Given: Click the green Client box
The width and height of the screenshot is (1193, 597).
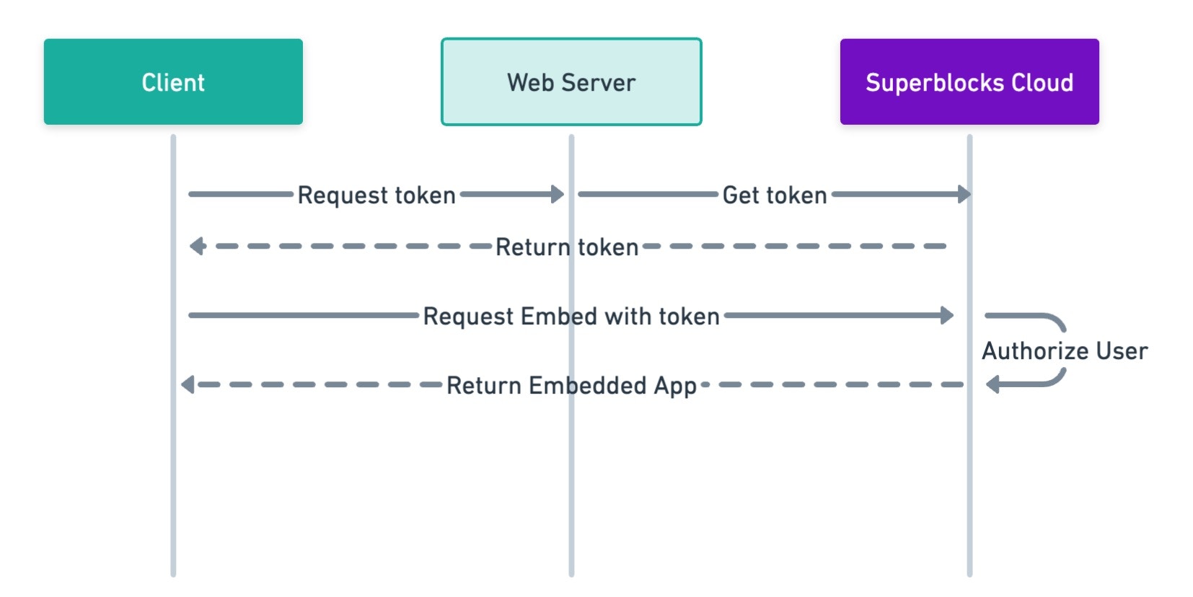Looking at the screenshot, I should pos(173,81).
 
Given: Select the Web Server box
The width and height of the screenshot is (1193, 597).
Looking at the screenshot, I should pos(571,81).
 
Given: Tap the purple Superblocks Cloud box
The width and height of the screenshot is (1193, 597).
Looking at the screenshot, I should pos(969,81).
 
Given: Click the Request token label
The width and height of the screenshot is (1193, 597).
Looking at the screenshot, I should pos(377,195).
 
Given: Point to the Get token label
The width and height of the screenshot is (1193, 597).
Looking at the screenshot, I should pos(774,195).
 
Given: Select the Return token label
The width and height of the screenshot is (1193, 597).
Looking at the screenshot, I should pos(567,247).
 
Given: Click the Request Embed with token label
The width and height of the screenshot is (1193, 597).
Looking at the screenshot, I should pos(571,316).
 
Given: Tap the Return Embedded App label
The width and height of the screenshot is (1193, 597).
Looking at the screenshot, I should pos(571,385).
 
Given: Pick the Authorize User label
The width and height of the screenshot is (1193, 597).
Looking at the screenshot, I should pos(1064,350).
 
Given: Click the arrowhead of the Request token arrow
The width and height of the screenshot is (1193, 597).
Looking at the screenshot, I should pos(558,194).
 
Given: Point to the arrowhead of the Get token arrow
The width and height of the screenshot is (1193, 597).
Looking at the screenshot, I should pos(964,194).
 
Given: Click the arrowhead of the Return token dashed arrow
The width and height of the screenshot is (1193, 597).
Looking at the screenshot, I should pos(196,247).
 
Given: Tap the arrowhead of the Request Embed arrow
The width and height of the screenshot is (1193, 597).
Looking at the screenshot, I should pos(947,315).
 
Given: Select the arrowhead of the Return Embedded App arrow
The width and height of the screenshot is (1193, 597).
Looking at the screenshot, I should pos(188,385).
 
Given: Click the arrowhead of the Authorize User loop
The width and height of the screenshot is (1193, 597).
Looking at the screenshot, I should pos(992,384).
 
